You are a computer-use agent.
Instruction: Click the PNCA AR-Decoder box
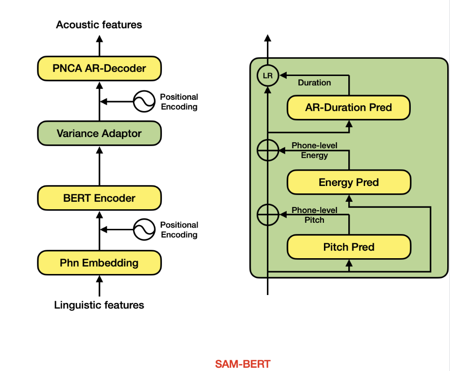click(99, 69)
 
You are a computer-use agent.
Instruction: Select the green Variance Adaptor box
click(99, 133)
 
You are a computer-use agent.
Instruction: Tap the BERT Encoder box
click(99, 198)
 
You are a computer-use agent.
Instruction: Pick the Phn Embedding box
click(99, 263)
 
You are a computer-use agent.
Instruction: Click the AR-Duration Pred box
click(348, 108)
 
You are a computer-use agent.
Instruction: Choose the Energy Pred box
click(348, 182)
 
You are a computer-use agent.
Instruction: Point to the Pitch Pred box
click(348, 247)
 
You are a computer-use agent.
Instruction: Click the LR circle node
click(267, 75)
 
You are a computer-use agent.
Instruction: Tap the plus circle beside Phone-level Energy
click(267, 150)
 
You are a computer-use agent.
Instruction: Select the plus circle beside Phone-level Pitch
click(267, 215)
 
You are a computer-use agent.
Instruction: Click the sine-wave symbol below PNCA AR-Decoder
click(144, 101)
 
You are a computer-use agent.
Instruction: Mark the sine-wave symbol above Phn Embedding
click(144, 229)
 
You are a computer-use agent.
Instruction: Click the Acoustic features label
click(99, 25)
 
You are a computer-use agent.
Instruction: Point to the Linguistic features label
click(99, 305)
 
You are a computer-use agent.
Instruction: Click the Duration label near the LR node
click(314, 82)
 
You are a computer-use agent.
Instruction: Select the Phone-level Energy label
click(314, 150)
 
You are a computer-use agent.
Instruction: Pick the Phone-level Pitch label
click(314, 215)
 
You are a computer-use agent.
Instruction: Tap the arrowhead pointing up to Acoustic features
click(99, 38)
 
